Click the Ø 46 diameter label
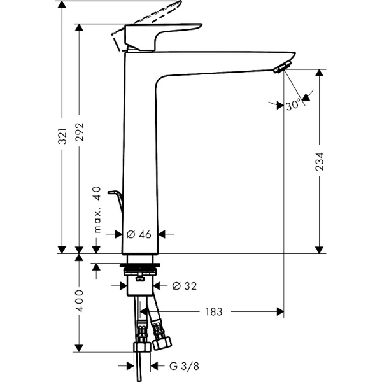139,234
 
